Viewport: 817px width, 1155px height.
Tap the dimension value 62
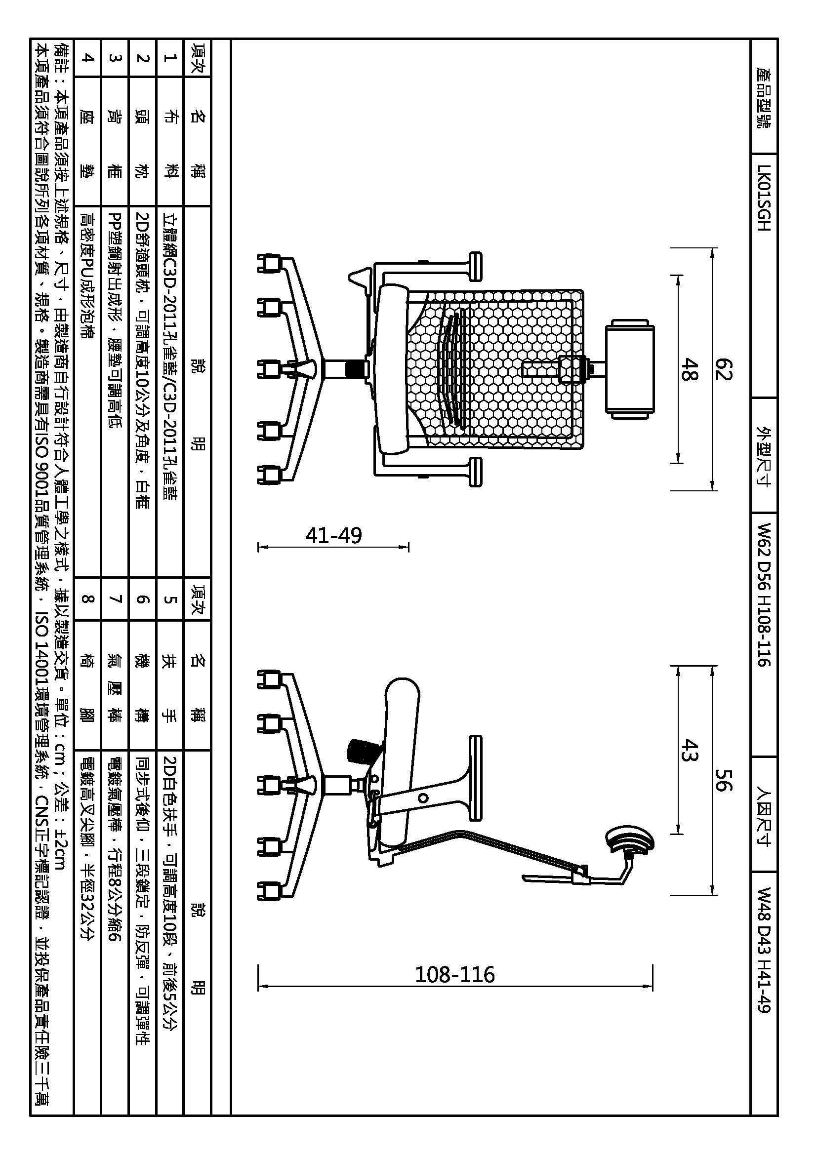[x=723, y=369]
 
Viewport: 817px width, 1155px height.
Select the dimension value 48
[x=688, y=369]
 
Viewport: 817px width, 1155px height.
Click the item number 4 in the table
[x=87, y=58]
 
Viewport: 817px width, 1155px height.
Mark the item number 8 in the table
[x=87, y=598]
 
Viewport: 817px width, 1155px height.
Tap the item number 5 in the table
[x=170, y=598]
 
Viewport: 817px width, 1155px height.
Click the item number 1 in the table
[x=170, y=58]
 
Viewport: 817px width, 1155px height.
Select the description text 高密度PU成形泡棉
[x=87, y=274]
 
